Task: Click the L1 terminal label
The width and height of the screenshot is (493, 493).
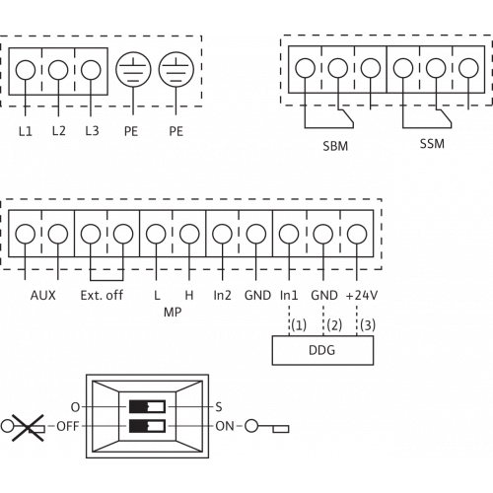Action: tap(26, 131)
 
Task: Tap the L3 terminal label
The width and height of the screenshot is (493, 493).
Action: tap(92, 131)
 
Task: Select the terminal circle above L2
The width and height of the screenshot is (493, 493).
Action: tap(58, 70)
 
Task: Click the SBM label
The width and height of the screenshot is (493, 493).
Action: tap(335, 146)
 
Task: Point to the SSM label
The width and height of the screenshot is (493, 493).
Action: tap(432, 144)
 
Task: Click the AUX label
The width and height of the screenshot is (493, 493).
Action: tap(43, 295)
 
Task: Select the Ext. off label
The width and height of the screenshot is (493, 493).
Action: tap(102, 295)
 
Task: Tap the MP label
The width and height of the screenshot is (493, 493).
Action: tap(173, 312)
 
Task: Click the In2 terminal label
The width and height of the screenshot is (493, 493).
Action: tap(222, 295)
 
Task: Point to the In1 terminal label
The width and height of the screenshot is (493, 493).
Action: tap(289, 295)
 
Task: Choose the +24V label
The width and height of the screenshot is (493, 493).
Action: tap(362, 295)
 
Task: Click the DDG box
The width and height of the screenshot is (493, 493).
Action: tap(322, 350)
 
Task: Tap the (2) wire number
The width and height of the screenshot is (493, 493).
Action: tap(334, 325)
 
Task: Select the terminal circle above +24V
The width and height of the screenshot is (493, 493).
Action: tap(357, 234)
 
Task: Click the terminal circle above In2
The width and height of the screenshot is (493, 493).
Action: tap(222, 234)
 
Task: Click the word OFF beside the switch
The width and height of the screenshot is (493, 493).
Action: tap(68, 426)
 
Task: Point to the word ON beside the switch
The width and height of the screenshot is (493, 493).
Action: tap(225, 426)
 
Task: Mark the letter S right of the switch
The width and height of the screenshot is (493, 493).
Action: tap(219, 407)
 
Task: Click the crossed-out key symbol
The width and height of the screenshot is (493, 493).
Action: tap(23, 427)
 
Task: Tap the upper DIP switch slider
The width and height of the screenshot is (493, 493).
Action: tap(147, 406)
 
